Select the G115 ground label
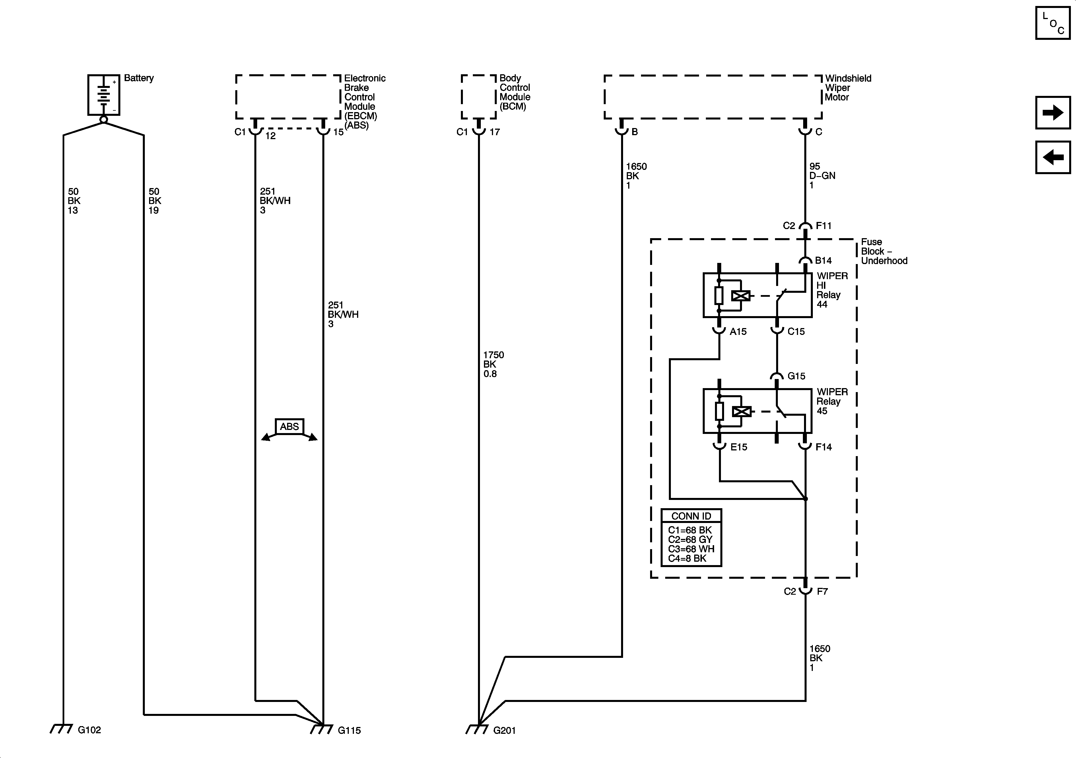(349, 730)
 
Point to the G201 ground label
(504, 730)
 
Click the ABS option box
(289, 427)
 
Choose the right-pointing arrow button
(1053, 112)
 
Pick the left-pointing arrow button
(1053, 157)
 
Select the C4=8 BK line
(687, 558)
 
